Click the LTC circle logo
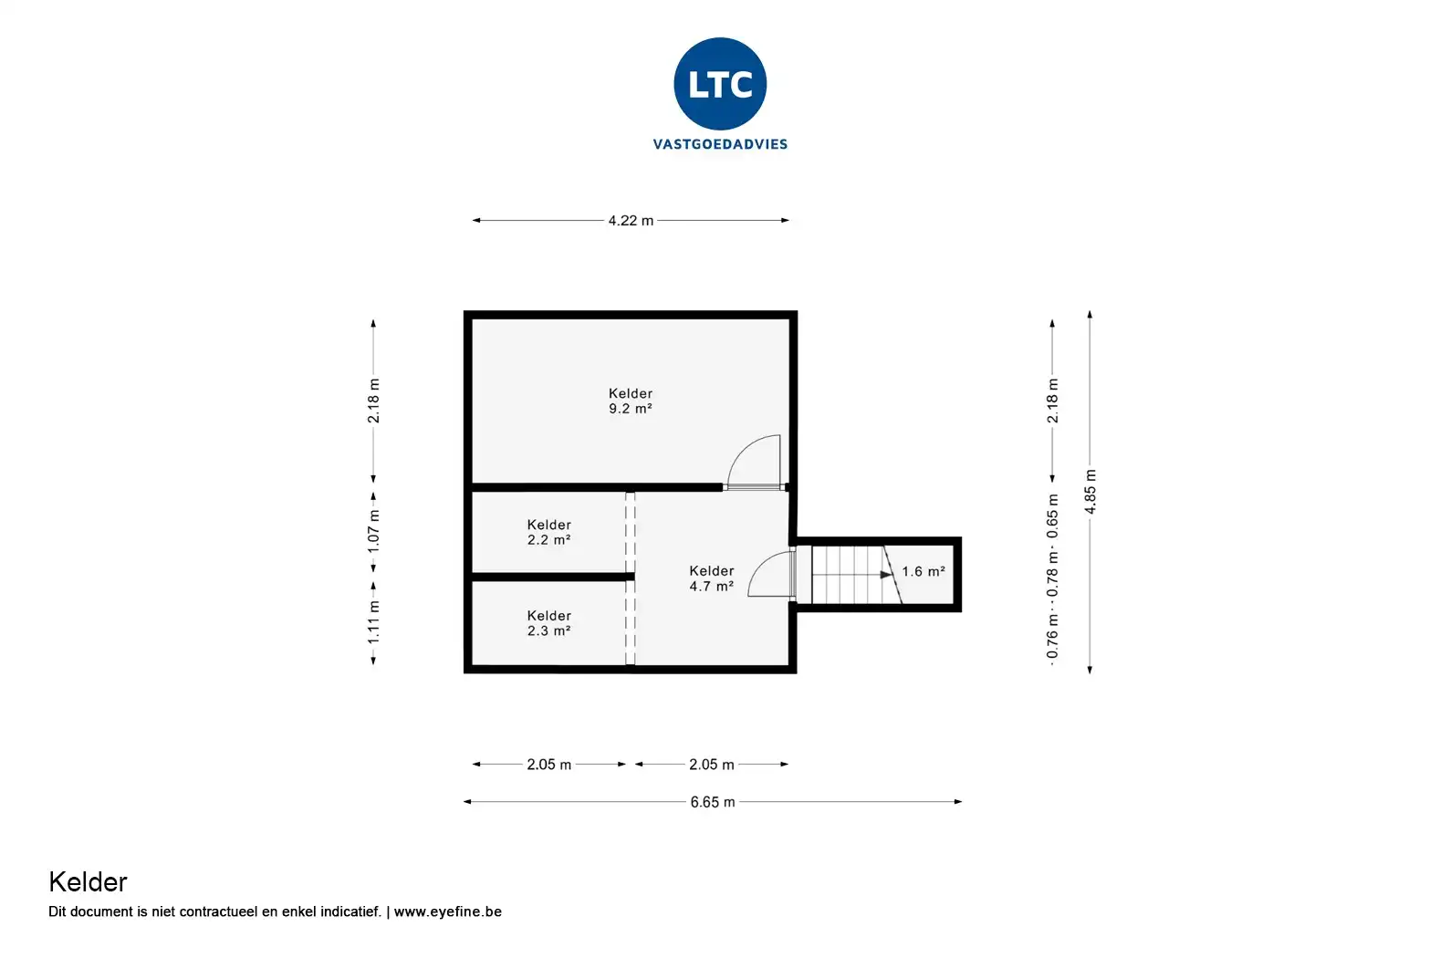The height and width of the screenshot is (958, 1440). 720,84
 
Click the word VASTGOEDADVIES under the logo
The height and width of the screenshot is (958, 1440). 720,144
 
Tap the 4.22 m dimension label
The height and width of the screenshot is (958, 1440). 631,221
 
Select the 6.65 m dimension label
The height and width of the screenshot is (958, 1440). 713,802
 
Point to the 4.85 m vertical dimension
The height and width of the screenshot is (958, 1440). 1090,492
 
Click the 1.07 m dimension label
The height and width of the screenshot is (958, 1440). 373,531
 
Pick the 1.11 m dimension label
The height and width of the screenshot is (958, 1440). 373,622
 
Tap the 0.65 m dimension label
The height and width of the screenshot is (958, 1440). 1052,516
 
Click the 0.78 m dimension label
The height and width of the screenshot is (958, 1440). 1052,575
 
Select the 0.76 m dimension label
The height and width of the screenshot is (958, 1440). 1052,637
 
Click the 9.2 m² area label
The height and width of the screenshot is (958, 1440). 631,408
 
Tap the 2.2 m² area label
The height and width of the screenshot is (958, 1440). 549,540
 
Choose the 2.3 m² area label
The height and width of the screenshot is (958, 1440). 549,630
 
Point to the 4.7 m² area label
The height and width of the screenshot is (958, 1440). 712,587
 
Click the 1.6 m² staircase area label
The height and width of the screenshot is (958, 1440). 923,571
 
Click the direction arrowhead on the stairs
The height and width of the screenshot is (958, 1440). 886,574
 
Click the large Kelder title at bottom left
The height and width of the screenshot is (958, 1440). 89,882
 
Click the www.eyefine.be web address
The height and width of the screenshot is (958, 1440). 447,911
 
